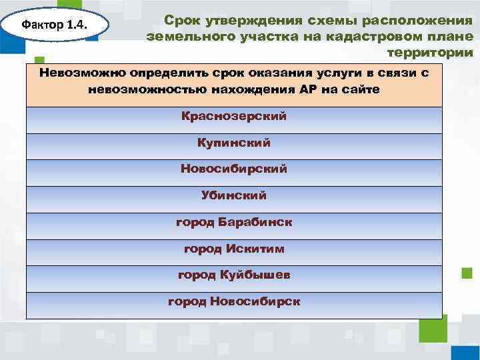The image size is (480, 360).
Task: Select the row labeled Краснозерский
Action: coord(234,117)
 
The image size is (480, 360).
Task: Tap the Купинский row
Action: coord(234,143)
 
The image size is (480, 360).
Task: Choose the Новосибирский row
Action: coord(234,169)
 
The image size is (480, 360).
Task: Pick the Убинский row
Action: coord(234,195)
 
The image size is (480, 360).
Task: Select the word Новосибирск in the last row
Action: coord(255,301)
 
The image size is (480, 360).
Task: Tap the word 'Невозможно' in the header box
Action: coord(84,72)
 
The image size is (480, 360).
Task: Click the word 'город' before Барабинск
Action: coord(195,222)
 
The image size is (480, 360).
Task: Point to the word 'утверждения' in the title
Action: coord(266,21)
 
